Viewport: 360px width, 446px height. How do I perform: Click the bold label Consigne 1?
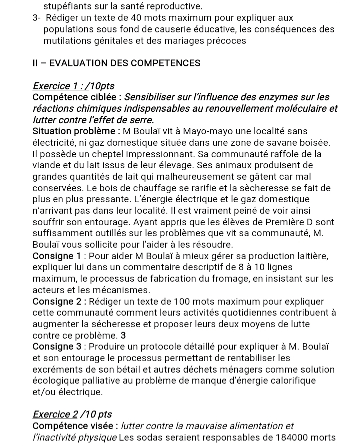(56, 256)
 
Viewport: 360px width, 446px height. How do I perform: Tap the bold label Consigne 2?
(56, 302)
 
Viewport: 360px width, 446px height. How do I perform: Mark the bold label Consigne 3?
(56, 347)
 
